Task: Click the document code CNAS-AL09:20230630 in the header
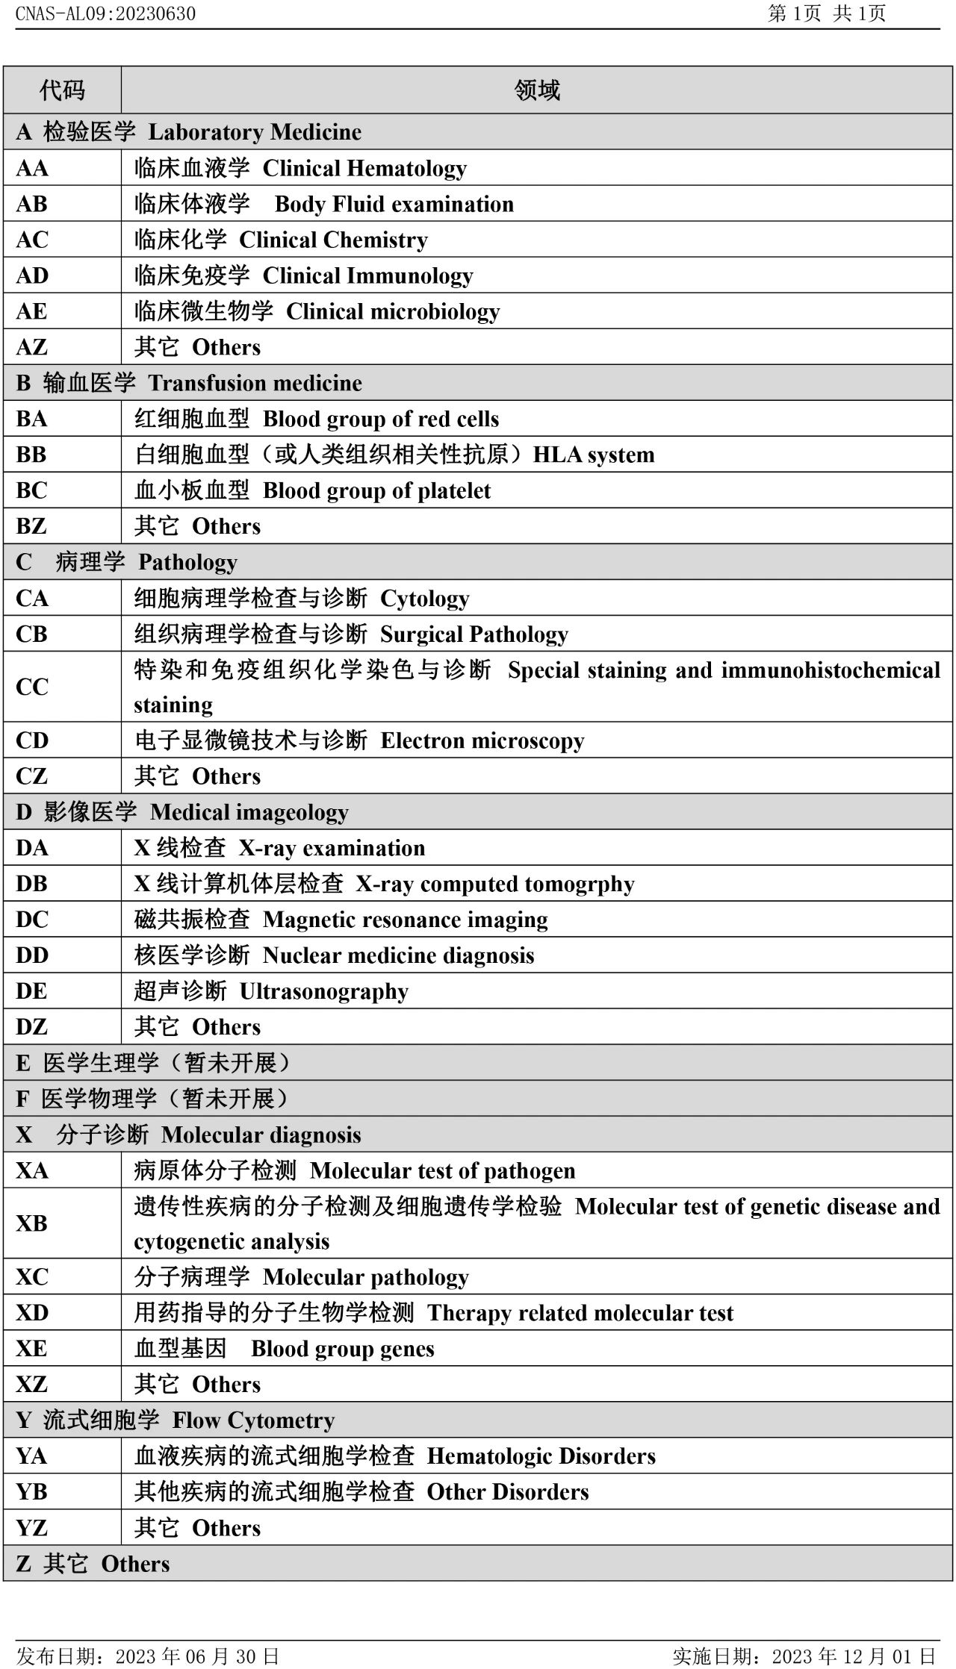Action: point(105,13)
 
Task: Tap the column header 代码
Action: point(62,90)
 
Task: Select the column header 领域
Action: point(536,90)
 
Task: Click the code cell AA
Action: point(32,168)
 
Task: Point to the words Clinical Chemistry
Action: point(333,240)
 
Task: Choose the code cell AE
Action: point(31,311)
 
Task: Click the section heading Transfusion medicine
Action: point(255,383)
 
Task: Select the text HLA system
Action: point(594,455)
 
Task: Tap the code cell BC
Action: point(31,490)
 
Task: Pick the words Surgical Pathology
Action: point(474,634)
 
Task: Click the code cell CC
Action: point(31,687)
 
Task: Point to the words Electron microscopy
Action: point(482,740)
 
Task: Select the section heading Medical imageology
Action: point(249,812)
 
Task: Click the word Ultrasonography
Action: point(324,991)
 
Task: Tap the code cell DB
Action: point(31,884)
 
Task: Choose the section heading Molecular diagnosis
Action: point(261,1135)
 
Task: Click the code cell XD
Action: point(31,1313)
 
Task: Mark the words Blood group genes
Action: point(343,1349)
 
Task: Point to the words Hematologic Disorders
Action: point(541,1456)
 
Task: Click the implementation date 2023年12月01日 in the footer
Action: point(854,1656)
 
